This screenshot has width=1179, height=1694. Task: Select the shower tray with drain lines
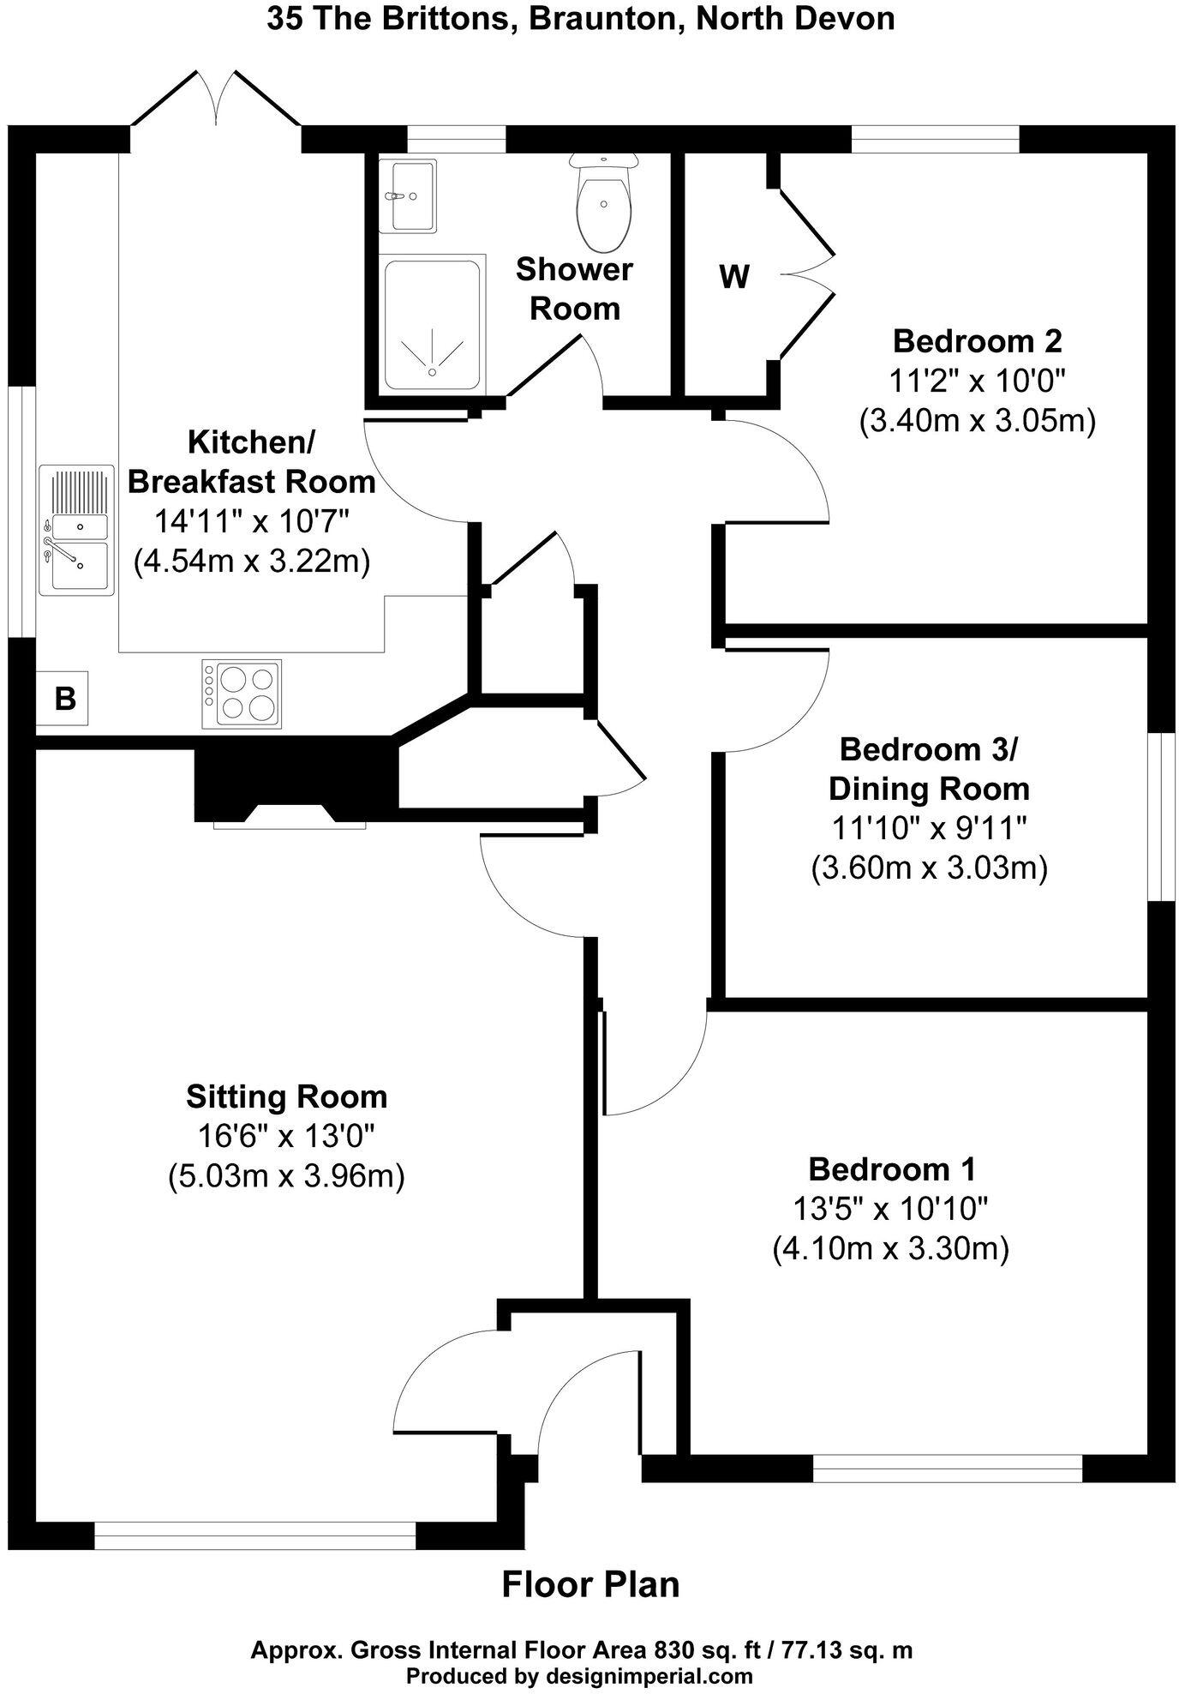(x=432, y=326)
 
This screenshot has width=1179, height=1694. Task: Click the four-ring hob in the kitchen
(x=242, y=694)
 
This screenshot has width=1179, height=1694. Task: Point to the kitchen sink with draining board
(x=75, y=530)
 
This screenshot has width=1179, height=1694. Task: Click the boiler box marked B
(x=63, y=699)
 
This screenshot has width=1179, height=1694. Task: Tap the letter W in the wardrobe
(x=734, y=277)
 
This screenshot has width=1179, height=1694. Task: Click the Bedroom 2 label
(x=977, y=341)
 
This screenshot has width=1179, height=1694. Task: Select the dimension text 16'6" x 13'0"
(x=286, y=1136)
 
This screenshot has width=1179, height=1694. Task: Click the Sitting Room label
(x=286, y=1096)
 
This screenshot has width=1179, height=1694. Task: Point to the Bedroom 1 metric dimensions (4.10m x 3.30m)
(x=890, y=1248)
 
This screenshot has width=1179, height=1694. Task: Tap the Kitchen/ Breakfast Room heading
(x=251, y=462)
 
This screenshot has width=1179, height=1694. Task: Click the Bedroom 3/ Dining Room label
(x=929, y=768)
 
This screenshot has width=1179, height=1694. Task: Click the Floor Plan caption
(x=589, y=1584)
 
